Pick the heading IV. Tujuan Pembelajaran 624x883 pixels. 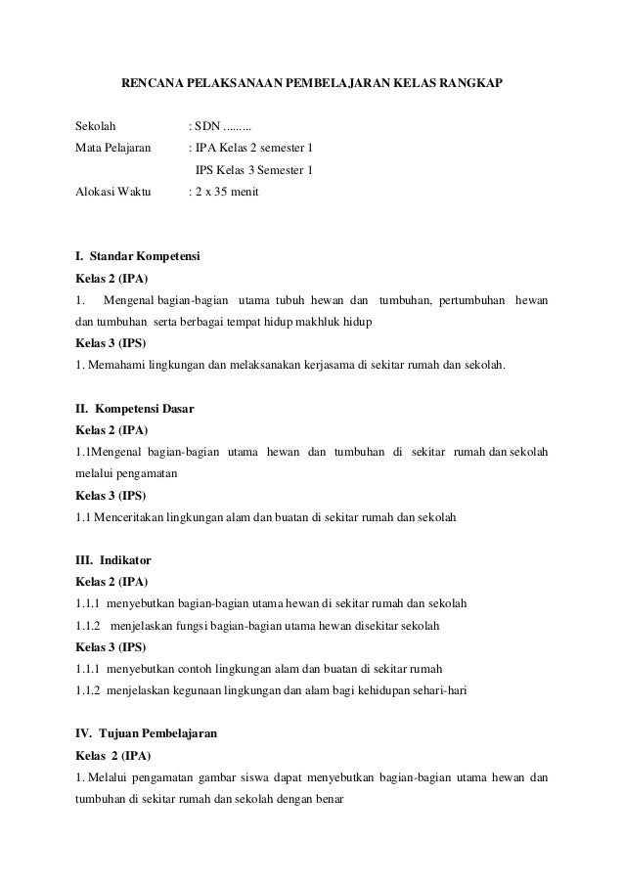click(x=147, y=732)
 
